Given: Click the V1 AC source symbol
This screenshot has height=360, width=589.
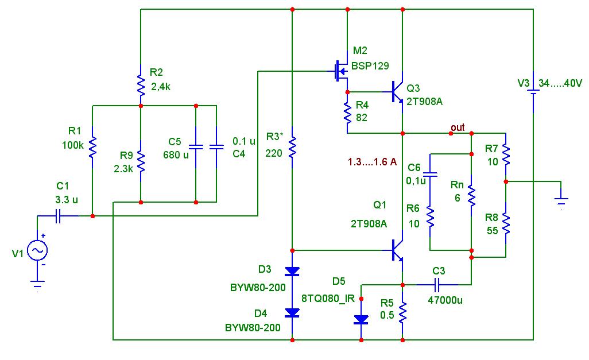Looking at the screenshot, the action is (38, 250).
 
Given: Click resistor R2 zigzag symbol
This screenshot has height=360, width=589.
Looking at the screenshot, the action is (141, 85).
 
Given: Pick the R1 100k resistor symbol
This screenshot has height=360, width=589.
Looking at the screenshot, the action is (92, 147).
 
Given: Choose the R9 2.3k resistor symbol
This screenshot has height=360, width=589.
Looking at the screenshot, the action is (141, 161).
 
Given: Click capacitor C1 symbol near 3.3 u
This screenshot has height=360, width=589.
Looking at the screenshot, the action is (58, 216).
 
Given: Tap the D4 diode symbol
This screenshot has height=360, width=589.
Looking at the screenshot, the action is (292, 313).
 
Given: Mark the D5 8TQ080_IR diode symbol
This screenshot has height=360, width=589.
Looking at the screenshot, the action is (361, 320).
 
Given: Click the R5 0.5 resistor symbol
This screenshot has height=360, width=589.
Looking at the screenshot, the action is (402, 312).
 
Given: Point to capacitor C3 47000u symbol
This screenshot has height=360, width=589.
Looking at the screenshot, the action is (437, 285).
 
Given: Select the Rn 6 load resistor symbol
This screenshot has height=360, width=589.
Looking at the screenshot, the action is (471, 195).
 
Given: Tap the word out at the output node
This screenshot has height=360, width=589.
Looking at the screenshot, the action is (458, 128).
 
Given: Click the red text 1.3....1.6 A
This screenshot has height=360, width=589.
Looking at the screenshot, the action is (372, 162).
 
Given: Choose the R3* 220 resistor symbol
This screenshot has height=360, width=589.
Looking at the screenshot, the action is (292, 148).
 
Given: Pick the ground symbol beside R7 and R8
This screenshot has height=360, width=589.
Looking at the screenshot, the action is (561, 202).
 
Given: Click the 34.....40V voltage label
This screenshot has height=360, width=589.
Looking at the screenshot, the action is (560, 83).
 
